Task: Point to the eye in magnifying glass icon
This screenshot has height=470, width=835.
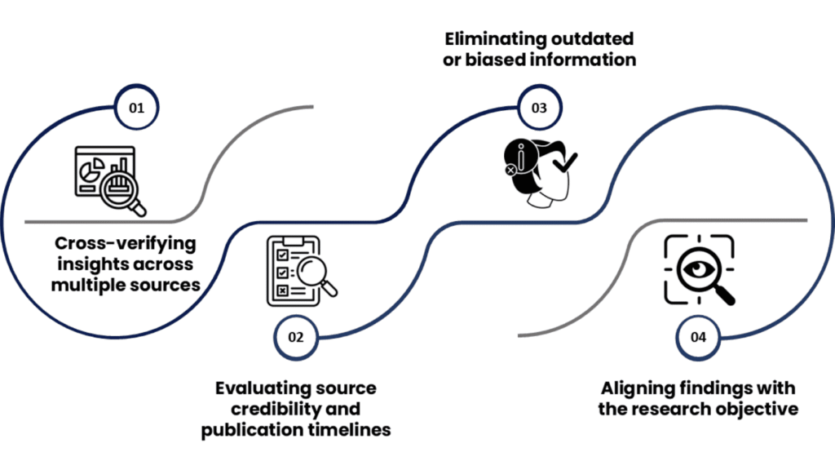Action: click(700, 270)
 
